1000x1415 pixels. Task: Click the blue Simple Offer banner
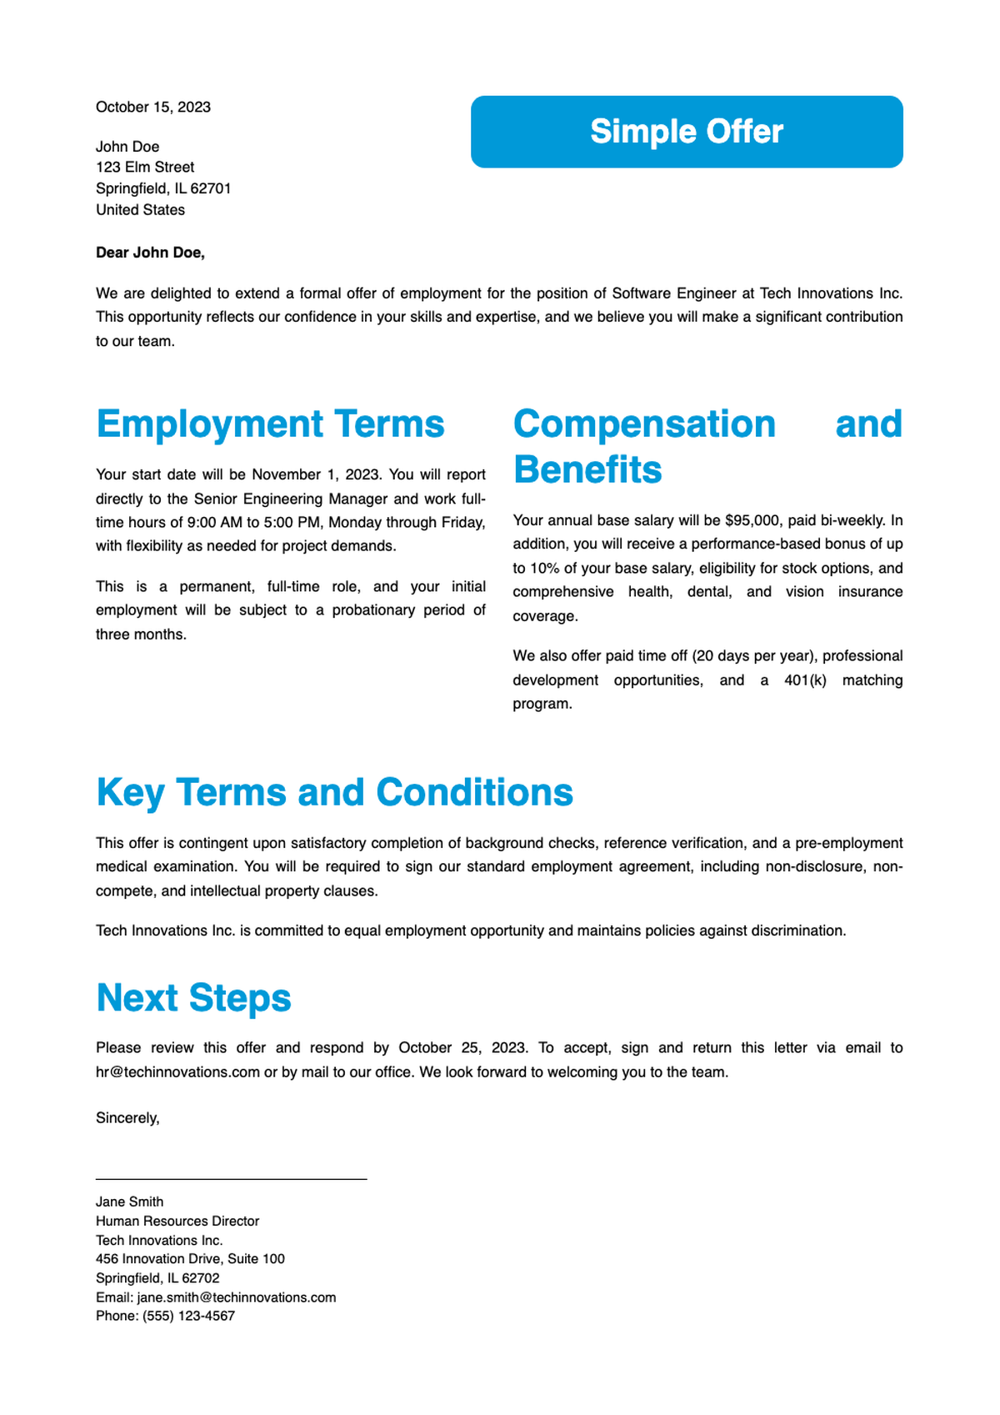tap(687, 132)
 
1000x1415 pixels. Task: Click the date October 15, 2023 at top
tap(153, 107)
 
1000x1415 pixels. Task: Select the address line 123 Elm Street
tap(145, 167)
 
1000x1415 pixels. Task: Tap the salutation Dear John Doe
tap(150, 253)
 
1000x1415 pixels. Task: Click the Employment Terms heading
tap(270, 424)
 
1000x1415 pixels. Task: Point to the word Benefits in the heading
tap(587, 469)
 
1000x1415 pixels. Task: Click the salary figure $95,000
tap(753, 520)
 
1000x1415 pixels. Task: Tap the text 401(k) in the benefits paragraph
tap(805, 680)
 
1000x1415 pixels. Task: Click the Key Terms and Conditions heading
tap(334, 792)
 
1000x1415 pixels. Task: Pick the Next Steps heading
tap(193, 997)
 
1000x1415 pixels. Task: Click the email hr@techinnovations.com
tap(177, 1071)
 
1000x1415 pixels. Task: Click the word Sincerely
tap(127, 1118)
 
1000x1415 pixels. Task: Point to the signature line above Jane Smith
tap(231, 1179)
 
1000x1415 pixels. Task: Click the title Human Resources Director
tap(177, 1221)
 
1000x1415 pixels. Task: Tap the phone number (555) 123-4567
tap(188, 1316)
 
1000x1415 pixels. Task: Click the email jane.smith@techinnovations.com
tap(236, 1297)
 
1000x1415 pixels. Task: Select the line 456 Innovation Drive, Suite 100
tap(190, 1259)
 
